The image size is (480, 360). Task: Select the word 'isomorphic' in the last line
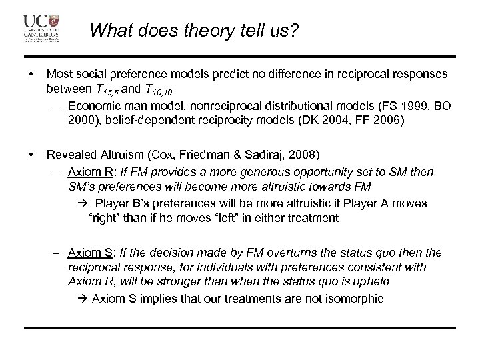pyautogui.click(x=353, y=299)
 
